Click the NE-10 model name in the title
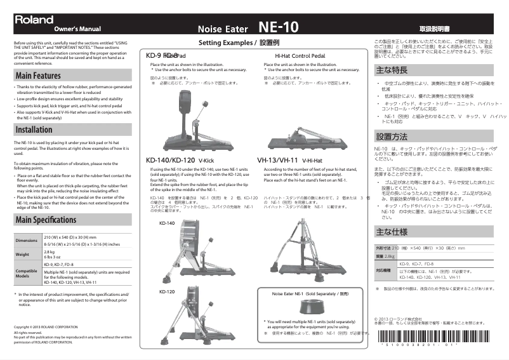click(278, 27)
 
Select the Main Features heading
click(38, 76)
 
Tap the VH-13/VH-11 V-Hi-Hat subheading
click(289, 160)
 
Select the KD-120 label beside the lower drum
click(166, 291)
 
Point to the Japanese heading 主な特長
click(391, 70)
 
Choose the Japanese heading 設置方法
click(391, 137)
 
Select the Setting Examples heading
click(239, 43)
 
